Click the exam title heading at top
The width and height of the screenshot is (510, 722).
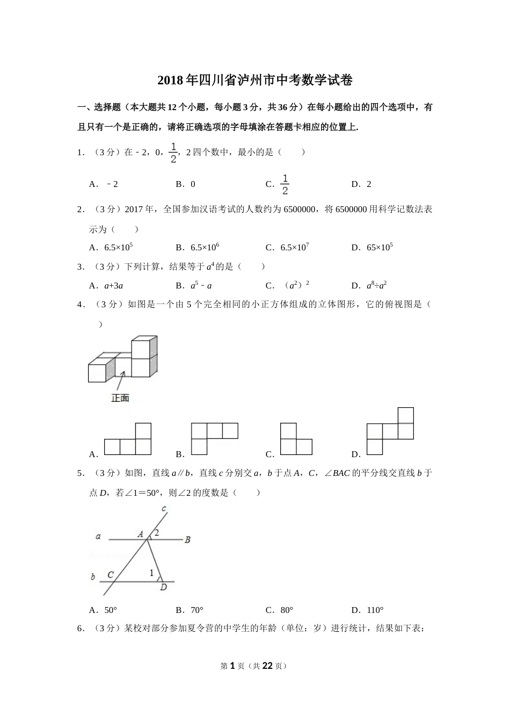(x=255, y=81)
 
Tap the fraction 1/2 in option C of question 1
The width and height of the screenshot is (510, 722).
(x=285, y=184)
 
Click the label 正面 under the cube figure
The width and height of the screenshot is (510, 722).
(x=120, y=398)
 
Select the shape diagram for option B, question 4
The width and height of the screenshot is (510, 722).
(x=214, y=438)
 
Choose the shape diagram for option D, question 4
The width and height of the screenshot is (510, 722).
(x=390, y=431)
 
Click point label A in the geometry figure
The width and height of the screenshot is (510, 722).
(x=140, y=534)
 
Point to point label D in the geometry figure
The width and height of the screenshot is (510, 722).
(x=163, y=587)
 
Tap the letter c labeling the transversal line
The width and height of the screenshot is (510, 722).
(x=163, y=508)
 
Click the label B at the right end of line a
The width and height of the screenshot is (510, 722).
(x=187, y=539)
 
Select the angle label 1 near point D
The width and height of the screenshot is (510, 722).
(x=151, y=573)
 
